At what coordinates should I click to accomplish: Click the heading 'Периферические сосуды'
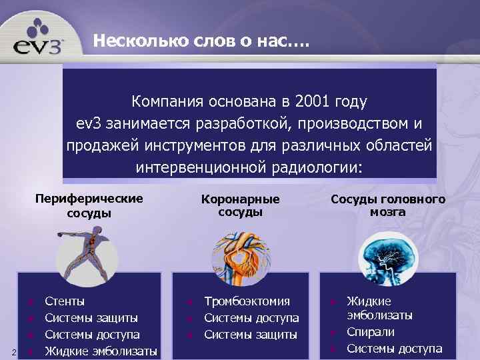[89, 205]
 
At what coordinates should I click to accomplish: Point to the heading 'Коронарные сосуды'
[240, 205]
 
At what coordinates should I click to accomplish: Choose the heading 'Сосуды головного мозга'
[388, 205]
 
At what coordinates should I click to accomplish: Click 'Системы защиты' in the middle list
[251, 335]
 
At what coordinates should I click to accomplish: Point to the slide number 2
[5, 351]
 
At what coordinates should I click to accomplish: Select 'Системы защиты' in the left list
[91, 318]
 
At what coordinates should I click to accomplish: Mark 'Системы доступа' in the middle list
[251, 318]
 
